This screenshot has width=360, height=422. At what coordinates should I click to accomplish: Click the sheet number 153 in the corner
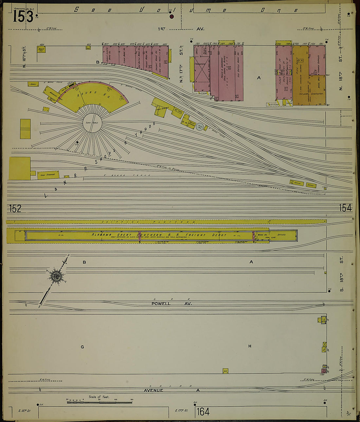(23, 16)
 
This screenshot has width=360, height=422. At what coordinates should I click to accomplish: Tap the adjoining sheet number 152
(15, 208)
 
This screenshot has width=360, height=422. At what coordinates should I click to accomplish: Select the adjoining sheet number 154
(345, 208)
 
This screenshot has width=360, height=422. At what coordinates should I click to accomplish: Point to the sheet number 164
(203, 412)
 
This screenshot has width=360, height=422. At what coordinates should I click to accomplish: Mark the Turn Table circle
(93, 123)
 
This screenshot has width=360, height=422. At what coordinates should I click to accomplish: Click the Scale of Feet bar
(99, 401)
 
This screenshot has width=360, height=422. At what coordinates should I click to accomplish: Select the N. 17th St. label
(181, 65)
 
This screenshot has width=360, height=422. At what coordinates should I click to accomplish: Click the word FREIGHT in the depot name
(195, 235)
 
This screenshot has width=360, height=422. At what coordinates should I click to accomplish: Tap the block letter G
(82, 347)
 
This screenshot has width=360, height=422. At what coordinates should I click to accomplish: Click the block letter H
(250, 346)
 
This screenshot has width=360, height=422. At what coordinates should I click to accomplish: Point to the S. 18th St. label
(341, 274)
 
